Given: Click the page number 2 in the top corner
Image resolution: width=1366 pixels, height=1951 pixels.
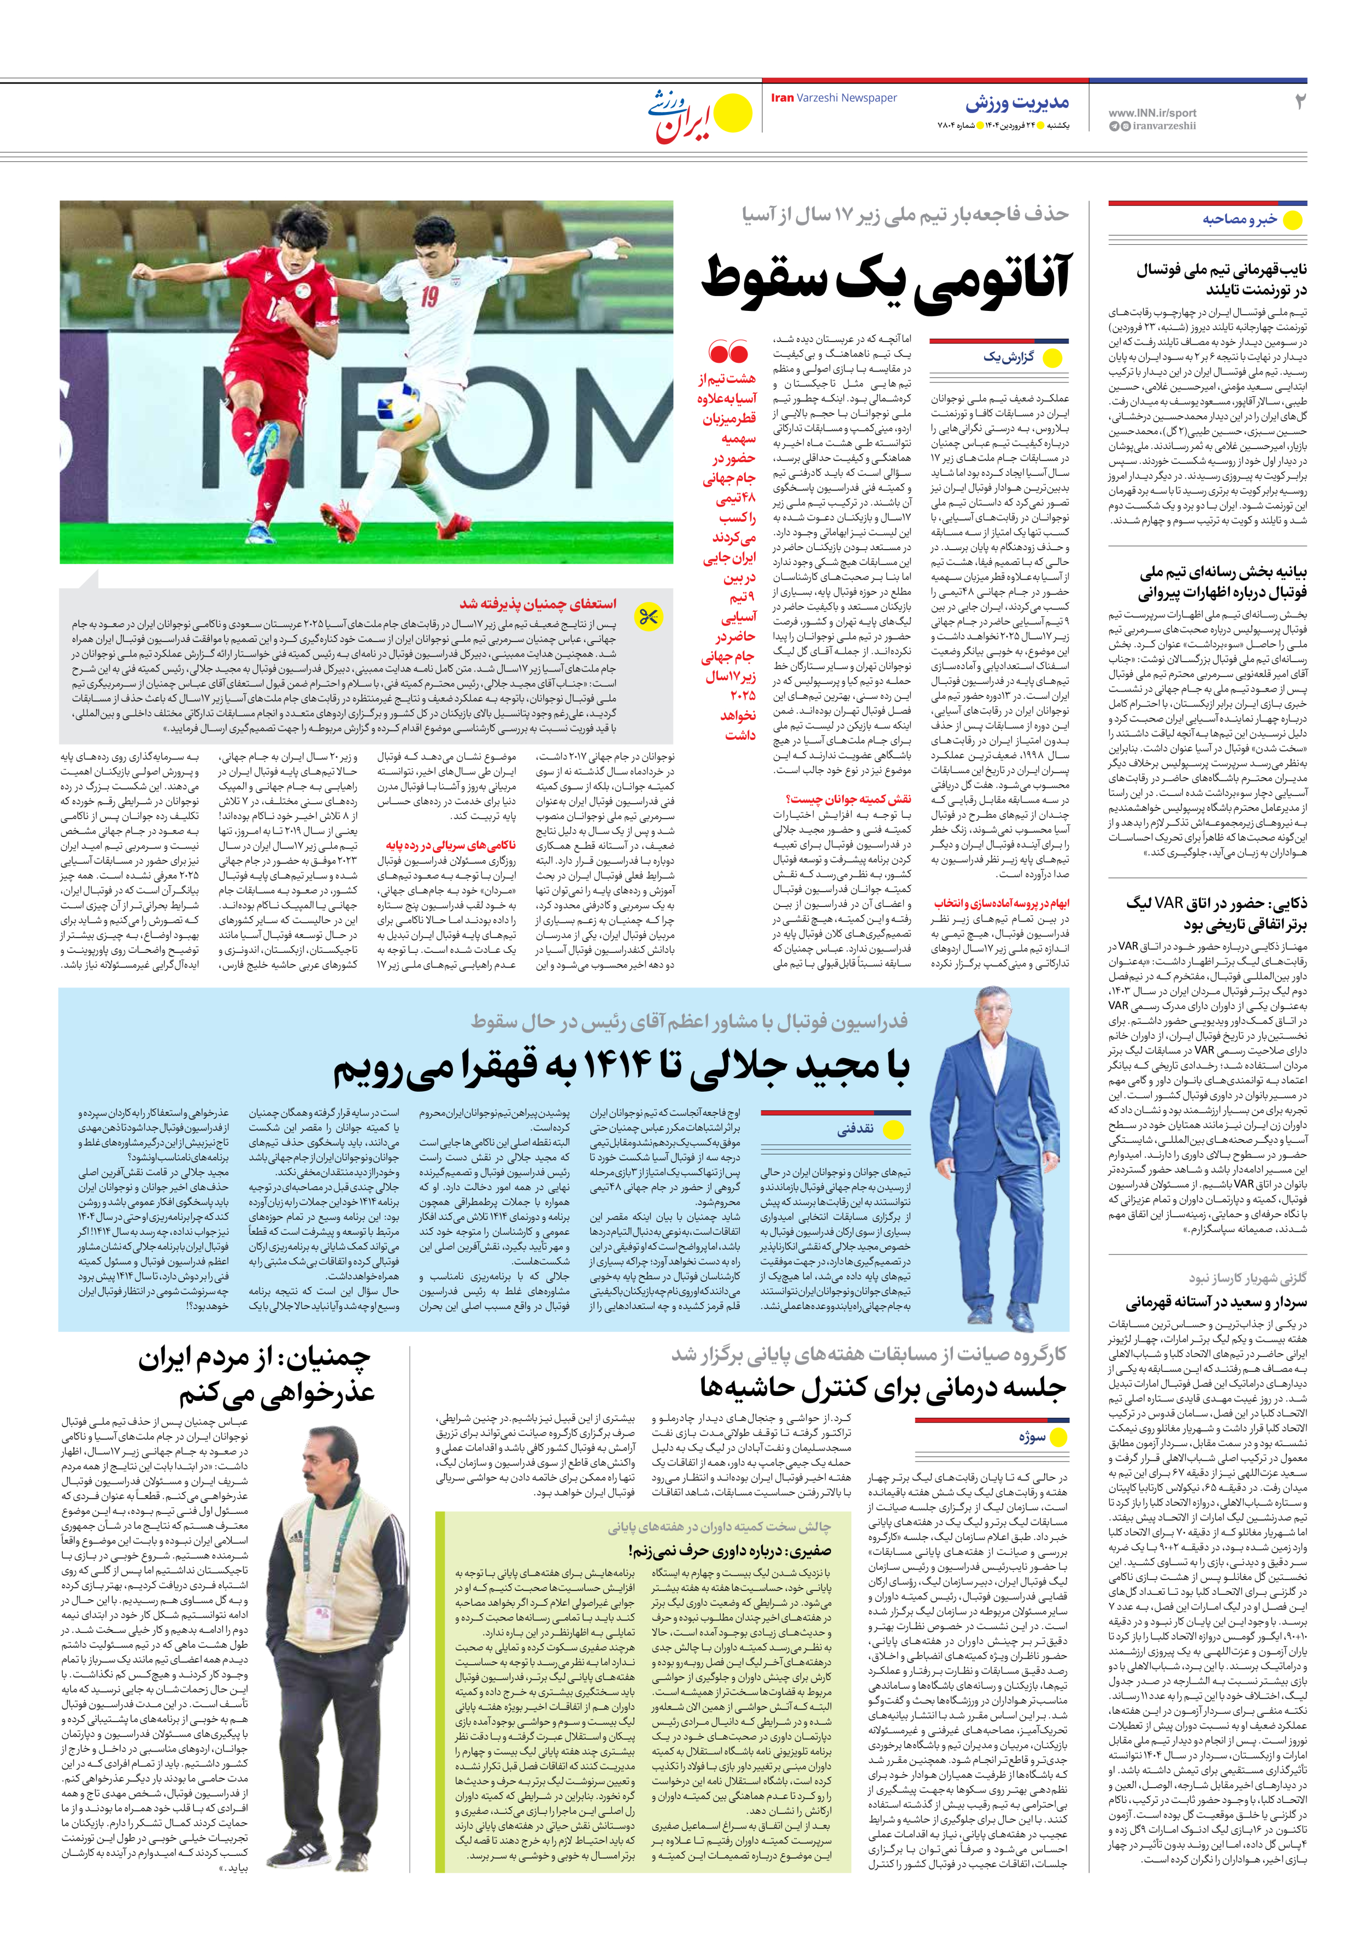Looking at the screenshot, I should click(1299, 102).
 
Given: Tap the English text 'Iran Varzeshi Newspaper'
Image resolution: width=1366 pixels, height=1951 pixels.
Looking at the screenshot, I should click(833, 98).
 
